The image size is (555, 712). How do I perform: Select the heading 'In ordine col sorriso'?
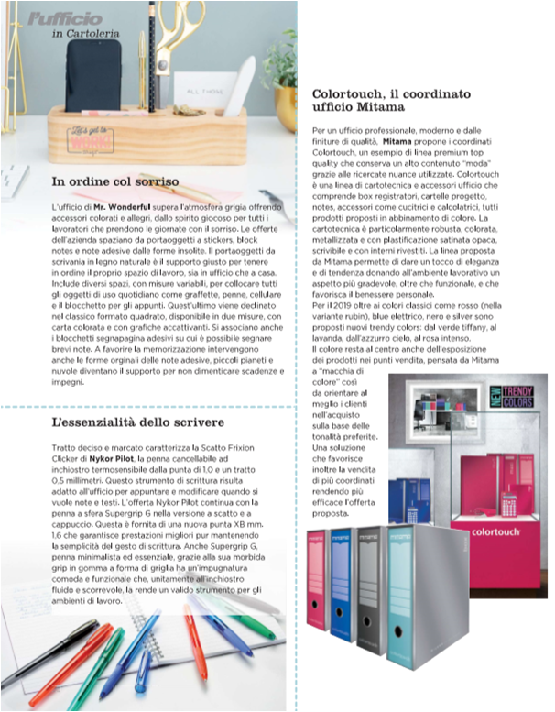pos(115,181)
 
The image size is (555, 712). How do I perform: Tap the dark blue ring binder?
pos(342,586)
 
